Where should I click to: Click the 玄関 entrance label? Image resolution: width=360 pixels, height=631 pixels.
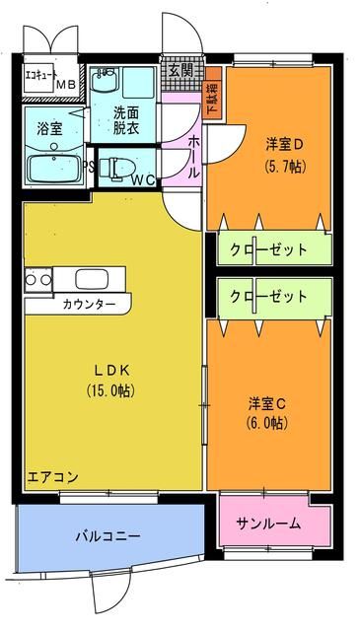pyautogui.click(x=180, y=71)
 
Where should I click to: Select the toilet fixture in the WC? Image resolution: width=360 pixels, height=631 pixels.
pyautogui.click(x=124, y=168)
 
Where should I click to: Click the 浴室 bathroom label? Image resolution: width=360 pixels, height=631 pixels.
pyautogui.click(x=49, y=127)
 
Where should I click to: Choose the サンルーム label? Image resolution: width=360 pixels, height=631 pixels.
pyautogui.click(x=268, y=524)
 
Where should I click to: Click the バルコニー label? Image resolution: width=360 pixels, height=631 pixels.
pyautogui.click(x=108, y=536)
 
